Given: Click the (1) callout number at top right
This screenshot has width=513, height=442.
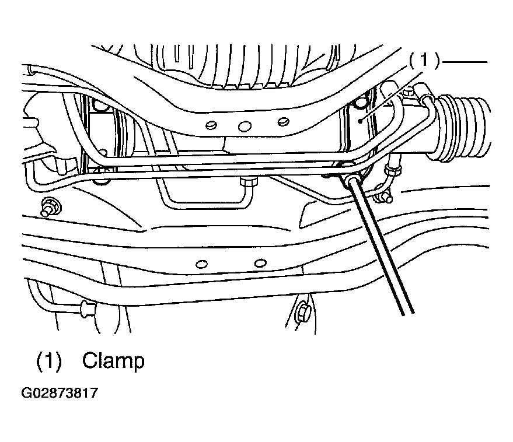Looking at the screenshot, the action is click(424, 61).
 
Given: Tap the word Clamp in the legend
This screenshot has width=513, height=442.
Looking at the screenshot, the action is click(113, 361).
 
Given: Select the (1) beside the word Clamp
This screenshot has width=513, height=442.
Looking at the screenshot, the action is click(49, 361).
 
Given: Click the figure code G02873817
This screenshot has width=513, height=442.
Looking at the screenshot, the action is click(60, 392).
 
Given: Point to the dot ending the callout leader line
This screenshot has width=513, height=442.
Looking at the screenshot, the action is click(360, 121).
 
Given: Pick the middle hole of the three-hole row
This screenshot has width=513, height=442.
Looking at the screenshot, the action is click(245, 126).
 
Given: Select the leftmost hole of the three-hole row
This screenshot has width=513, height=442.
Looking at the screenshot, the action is click(211, 125).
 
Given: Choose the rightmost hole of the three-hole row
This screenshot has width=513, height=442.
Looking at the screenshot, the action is click(283, 122).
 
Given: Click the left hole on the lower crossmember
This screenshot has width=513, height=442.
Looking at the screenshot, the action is click(201, 264).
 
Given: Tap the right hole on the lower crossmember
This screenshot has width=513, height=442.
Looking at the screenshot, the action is click(260, 263).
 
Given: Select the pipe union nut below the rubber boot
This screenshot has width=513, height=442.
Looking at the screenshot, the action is click(393, 170).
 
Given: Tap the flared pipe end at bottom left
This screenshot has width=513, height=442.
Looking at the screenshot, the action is click(88, 309).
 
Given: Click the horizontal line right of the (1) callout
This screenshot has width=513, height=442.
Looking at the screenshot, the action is click(464, 62).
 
